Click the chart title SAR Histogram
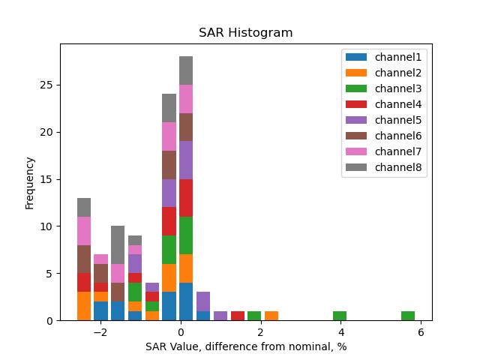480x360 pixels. [245, 33]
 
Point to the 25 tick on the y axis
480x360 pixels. [46, 85]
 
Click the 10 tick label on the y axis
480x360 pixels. [46, 226]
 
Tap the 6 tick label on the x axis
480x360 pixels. [421, 332]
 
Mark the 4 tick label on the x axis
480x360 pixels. [340, 332]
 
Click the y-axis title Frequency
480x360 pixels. [30, 183]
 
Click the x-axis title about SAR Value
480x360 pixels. [246, 346]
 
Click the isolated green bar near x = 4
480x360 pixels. [340, 316]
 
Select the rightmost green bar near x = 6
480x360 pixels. [408, 316]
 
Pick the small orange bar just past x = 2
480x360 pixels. [271, 316]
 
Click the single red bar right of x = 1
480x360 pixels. [237, 316]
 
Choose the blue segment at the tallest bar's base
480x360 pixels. [186, 301]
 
